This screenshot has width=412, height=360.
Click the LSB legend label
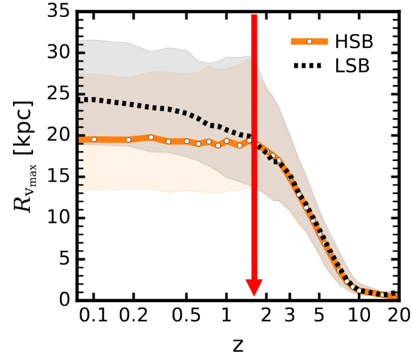[x=353, y=67]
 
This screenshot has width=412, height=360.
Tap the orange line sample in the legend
[x=310, y=41]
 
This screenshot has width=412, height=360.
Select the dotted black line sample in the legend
[x=310, y=67]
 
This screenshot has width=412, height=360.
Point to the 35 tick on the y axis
[x=59, y=11]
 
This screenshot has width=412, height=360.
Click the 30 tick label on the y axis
[x=59, y=53]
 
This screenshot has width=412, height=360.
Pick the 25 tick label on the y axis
[x=59, y=94]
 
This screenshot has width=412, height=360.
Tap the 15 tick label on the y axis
[x=59, y=177]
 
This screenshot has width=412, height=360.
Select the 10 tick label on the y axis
[x=59, y=218]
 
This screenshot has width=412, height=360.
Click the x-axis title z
[x=238, y=345]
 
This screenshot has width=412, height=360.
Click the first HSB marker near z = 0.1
[x=94, y=139]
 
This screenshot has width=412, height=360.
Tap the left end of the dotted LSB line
[x=79, y=99]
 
